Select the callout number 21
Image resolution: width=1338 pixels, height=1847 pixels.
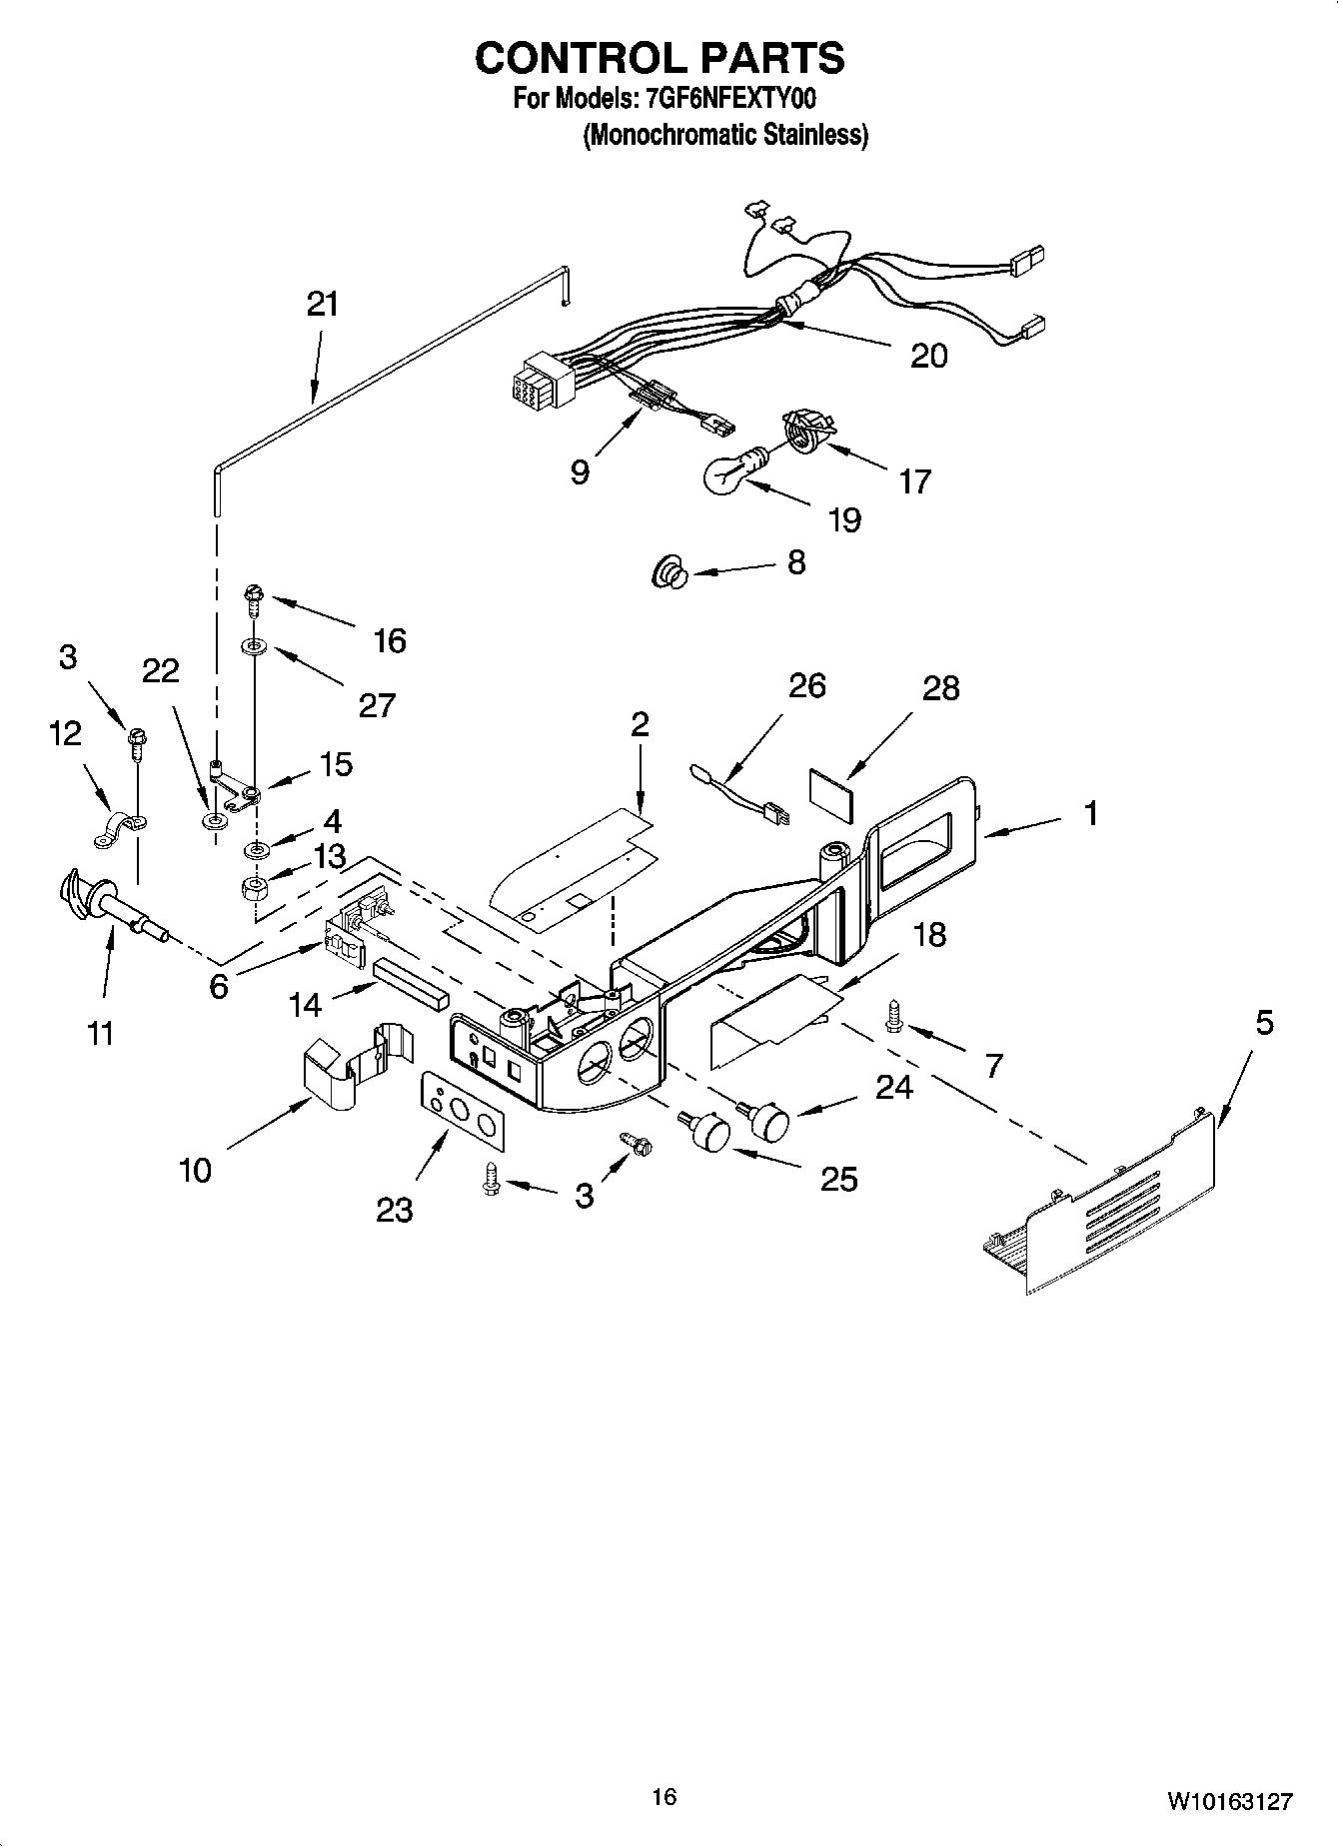point(323,304)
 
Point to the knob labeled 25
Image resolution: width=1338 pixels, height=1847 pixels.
point(708,1132)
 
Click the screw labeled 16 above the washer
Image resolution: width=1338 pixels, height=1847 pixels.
point(252,600)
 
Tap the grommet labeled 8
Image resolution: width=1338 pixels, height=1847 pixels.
point(668,573)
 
